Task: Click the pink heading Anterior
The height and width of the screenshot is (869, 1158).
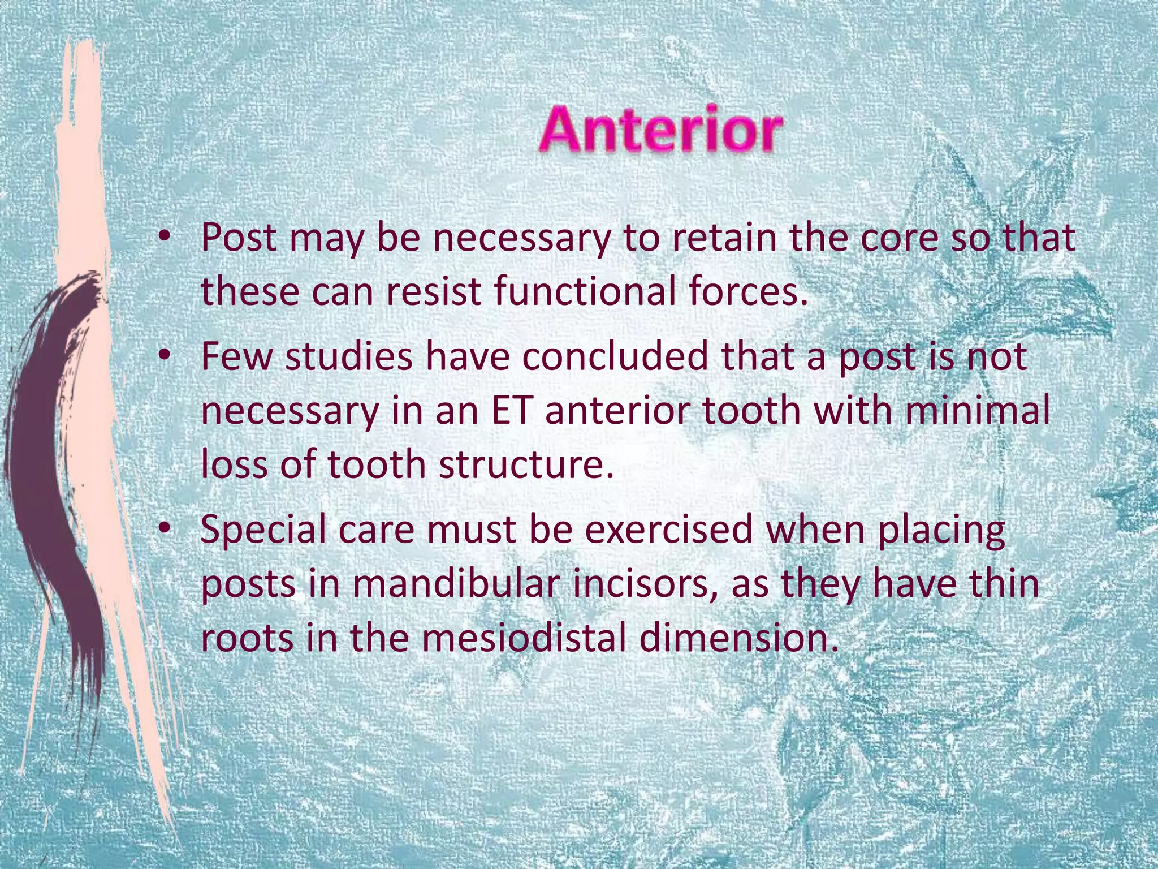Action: click(x=660, y=130)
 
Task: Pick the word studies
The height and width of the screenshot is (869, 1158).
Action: click(x=348, y=356)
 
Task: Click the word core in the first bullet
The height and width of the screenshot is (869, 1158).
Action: click(x=898, y=238)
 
